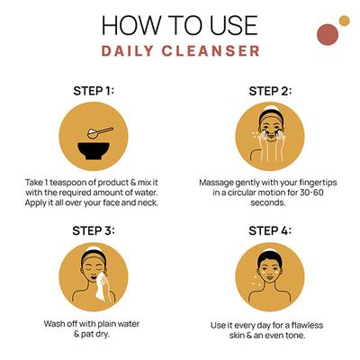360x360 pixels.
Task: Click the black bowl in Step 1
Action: click(x=94, y=151)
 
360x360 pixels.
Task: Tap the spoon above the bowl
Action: click(x=100, y=132)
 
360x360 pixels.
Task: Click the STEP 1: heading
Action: click(x=94, y=91)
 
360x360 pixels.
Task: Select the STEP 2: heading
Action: click(x=270, y=91)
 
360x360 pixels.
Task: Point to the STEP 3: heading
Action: click(x=94, y=230)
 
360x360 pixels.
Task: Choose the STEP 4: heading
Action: click(x=270, y=230)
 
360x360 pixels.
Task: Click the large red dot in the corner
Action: click(x=328, y=34)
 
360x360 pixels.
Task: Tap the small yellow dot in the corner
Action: click(x=345, y=21)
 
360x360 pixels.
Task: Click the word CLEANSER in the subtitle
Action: click(x=211, y=50)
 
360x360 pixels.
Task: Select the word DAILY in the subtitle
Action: click(x=128, y=50)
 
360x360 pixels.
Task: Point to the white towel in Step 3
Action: click(x=101, y=287)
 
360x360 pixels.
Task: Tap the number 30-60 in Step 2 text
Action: click(x=311, y=193)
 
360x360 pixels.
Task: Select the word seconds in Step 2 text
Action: click(x=268, y=202)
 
